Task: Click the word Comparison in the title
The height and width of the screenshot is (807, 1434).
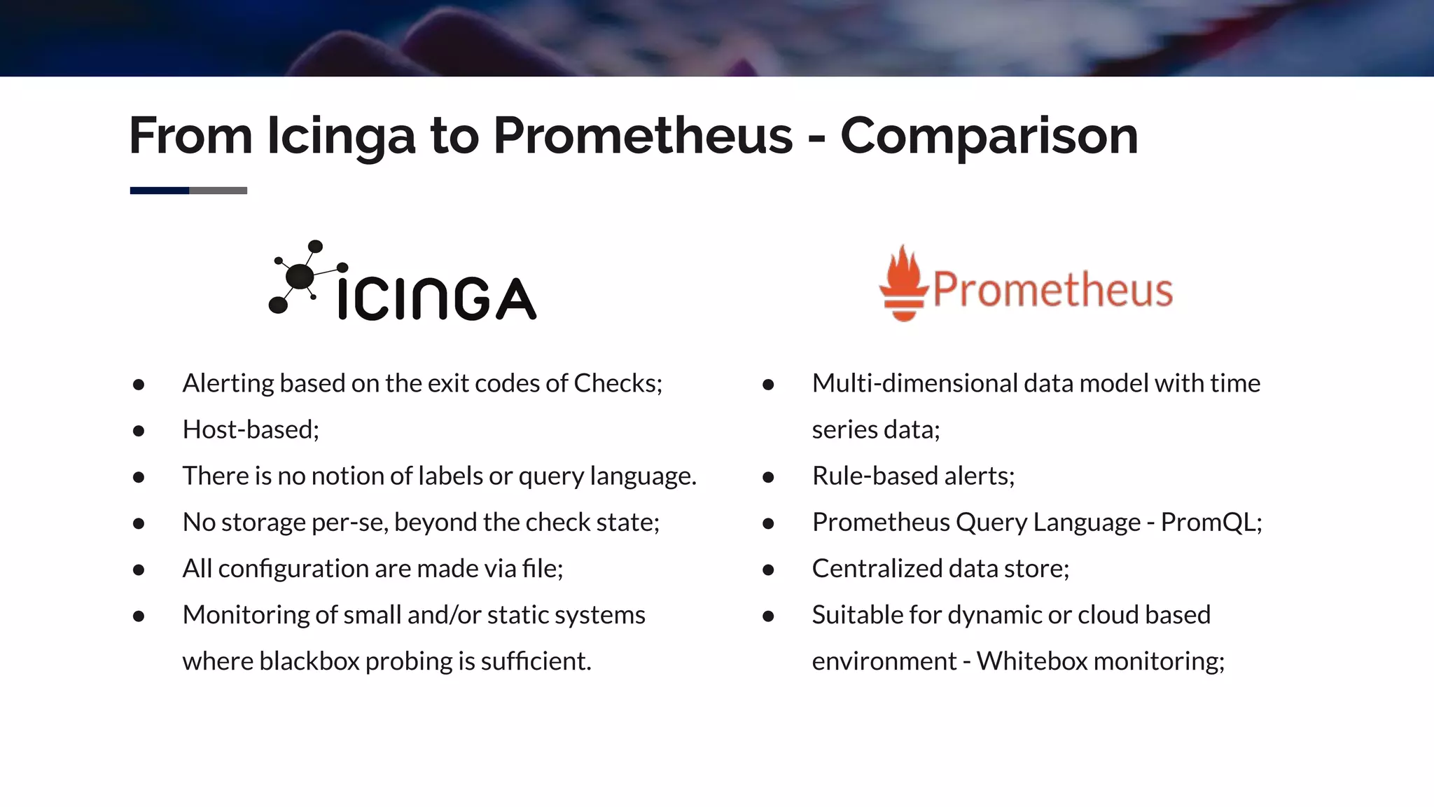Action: [989, 135]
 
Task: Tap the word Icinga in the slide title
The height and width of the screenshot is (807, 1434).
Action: [341, 137]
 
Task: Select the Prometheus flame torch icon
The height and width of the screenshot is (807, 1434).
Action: [903, 284]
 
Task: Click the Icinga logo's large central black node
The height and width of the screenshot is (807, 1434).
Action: [300, 276]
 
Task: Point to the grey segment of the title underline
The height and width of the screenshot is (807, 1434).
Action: [218, 191]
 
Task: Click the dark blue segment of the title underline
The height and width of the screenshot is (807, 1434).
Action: [160, 191]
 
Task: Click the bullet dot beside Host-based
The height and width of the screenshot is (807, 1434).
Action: [139, 431]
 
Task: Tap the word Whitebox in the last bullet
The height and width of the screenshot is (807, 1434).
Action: [1031, 661]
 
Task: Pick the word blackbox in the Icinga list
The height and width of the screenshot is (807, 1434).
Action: [309, 661]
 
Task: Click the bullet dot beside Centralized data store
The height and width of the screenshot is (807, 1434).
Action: [768, 570]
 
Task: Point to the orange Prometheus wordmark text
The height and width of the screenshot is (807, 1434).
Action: [1052, 289]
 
